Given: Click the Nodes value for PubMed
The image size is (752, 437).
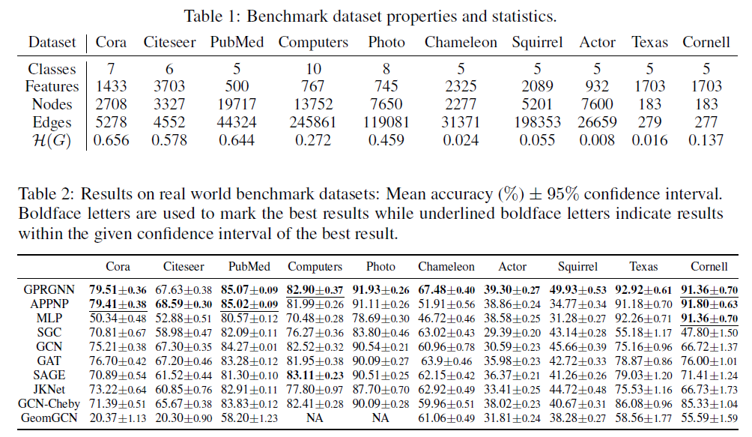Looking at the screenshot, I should [237, 104].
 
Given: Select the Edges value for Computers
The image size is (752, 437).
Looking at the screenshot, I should [313, 122].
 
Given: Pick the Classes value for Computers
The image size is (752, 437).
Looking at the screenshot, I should [313, 68].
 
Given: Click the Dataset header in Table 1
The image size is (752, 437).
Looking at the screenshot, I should [53, 42].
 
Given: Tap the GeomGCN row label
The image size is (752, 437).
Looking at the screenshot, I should [46, 418].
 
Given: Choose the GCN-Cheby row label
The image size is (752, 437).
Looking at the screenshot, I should [46, 403].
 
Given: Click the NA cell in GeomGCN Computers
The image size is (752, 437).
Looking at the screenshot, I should [314, 418].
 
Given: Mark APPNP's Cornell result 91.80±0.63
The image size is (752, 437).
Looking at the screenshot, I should [709, 303].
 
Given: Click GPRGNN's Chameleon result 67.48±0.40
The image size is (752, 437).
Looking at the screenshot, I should [446, 289].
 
